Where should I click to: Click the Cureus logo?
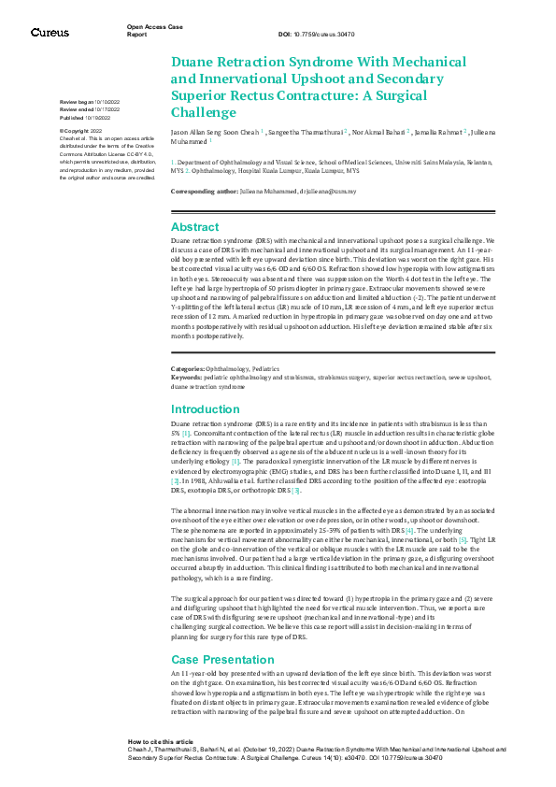[x=49, y=33]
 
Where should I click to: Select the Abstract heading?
[x=193, y=227]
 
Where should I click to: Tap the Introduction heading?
[x=205, y=409]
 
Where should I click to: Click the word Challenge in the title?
[x=204, y=113]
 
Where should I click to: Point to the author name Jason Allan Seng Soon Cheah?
[x=215, y=134]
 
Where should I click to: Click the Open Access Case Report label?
[x=150, y=31]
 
